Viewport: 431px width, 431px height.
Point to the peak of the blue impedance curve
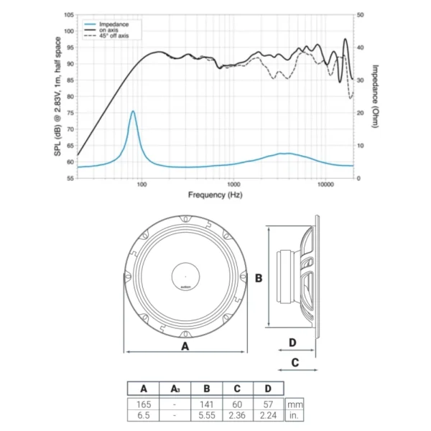click(133, 111)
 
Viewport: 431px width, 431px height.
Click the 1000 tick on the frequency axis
click(232, 185)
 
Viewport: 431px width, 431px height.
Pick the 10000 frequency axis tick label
click(325, 185)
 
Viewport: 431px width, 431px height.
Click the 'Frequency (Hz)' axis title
click(214, 195)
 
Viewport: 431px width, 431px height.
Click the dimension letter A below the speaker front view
click(185, 346)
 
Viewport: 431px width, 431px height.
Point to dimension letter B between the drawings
click(259, 277)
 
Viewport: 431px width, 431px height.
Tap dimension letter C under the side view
click(295, 363)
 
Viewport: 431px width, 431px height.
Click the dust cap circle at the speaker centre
click(185, 277)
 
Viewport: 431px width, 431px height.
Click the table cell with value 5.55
click(206, 415)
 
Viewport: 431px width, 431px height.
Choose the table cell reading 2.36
click(238, 415)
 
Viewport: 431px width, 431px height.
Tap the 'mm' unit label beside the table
click(293, 404)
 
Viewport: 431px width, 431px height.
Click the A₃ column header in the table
click(175, 389)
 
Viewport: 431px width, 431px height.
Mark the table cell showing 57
click(268, 404)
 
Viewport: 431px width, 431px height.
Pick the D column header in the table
click(268, 389)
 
